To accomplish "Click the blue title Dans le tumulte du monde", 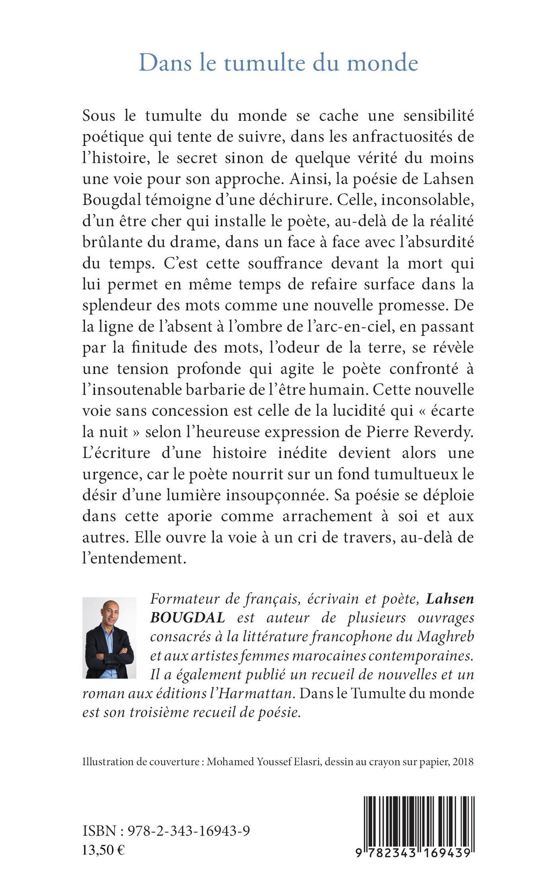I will pos(278,63).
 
